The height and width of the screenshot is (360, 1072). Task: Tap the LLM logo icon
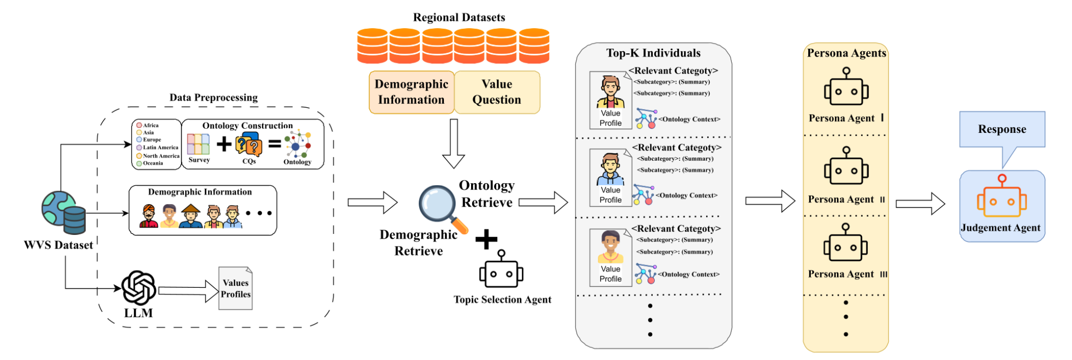[x=139, y=287]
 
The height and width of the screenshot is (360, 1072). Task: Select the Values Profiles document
[x=236, y=288]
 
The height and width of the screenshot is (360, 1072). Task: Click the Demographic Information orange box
[x=411, y=92]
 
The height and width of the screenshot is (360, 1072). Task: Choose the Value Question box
[x=497, y=92]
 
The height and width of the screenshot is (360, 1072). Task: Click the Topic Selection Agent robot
[x=501, y=269]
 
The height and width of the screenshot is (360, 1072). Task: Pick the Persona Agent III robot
[x=845, y=243]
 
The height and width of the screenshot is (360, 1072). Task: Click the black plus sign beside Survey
[x=224, y=143]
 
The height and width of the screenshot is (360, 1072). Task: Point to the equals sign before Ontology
[x=275, y=143]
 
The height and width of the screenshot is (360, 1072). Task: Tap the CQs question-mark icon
[x=249, y=144]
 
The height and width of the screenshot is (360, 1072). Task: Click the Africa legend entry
[x=148, y=125]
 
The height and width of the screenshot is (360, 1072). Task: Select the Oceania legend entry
[x=150, y=163]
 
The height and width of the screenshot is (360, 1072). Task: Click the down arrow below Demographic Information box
[x=453, y=143]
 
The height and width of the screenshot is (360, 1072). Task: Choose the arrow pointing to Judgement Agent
[x=920, y=204]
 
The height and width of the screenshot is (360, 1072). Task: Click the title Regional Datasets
[x=459, y=17]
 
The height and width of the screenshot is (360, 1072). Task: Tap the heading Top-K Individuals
[x=653, y=53]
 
